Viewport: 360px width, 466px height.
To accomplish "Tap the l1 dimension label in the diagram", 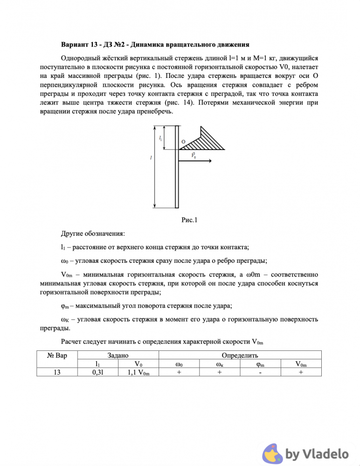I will tap(160, 138).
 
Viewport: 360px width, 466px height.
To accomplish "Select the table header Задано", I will tap(118, 355).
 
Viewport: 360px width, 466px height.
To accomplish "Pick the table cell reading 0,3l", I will tap(97, 372).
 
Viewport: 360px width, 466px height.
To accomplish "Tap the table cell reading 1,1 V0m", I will tap(138, 372).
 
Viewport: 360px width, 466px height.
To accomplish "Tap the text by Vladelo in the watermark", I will tap(317, 453).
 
